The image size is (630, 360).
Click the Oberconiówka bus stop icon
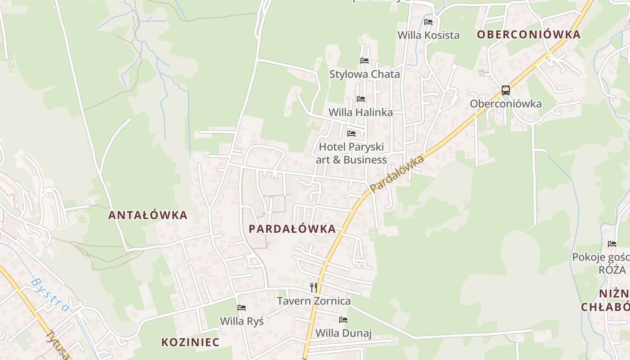[x=506, y=90]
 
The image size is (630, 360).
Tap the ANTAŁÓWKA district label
[x=148, y=215]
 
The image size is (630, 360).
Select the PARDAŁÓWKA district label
[x=292, y=229]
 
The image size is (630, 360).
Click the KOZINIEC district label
[x=190, y=342]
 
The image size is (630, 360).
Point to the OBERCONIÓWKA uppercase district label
[x=529, y=35]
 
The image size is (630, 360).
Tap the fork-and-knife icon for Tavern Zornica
[x=314, y=287]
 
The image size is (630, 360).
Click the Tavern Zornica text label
[x=314, y=301]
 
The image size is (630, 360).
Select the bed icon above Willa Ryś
[x=242, y=308]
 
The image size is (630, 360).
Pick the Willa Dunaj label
[x=343, y=333]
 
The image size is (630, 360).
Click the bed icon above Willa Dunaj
[x=343, y=320]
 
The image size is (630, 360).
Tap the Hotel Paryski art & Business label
[x=351, y=153]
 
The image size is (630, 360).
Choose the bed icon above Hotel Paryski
[x=351, y=134]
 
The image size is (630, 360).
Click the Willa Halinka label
[x=360, y=112]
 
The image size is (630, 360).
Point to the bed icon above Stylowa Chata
[x=364, y=61]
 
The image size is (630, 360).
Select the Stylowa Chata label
[x=364, y=74]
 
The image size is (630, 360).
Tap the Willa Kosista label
[x=428, y=35]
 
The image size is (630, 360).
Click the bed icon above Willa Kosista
[x=428, y=22]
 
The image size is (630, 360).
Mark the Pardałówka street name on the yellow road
[x=397, y=174]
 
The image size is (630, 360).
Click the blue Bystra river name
[x=50, y=295]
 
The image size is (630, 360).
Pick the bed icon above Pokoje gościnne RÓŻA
[x=612, y=244]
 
